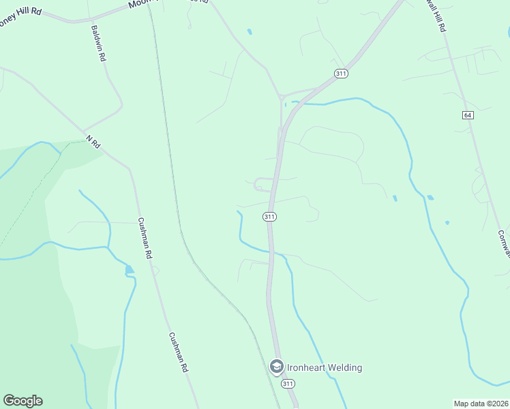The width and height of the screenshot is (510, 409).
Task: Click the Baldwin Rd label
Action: (x=98, y=44)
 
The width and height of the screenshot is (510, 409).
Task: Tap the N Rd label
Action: (x=93, y=141)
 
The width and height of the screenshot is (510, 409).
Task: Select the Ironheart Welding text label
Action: (x=324, y=367)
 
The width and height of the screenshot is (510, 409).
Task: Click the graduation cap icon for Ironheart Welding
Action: (x=276, y=367)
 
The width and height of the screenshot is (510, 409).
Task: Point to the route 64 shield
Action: (x=467, y=115)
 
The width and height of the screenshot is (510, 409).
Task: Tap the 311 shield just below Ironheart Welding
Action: (x=288, y=384)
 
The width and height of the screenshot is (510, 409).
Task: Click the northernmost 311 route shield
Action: (x=342, y=73)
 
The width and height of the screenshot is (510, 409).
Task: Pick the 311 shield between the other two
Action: (x=269, y=217)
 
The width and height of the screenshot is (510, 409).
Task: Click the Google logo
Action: (x=22, y=401)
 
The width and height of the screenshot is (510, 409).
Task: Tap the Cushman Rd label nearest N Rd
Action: (x=144, y=238)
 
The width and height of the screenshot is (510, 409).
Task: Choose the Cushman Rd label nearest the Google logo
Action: (x=177, y=352)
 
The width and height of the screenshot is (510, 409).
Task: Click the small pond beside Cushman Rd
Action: (x=130, y=270)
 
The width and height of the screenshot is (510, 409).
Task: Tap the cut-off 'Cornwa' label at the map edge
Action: (x=503, y=244)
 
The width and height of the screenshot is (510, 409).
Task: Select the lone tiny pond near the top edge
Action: (x=250, y=31)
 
